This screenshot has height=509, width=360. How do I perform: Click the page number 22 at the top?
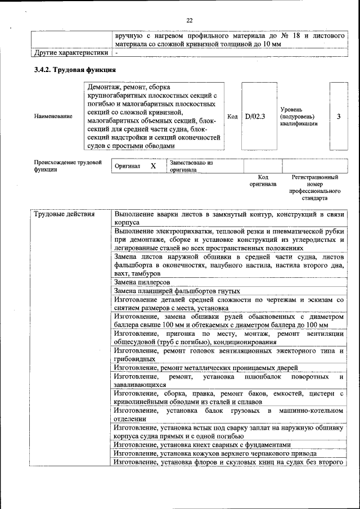tap(190, 21)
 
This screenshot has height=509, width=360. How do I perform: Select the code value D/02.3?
tap(255, 116)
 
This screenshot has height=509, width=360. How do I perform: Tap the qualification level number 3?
tap(339, 116)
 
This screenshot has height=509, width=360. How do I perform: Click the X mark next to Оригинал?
tap(153, 166)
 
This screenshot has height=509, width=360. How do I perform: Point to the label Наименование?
tap(53, 116)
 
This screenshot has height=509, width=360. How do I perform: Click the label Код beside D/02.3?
tap(232, 116)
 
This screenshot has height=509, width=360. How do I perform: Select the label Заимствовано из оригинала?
tap(191, 166)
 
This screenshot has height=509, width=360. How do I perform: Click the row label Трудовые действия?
tap(64, 214)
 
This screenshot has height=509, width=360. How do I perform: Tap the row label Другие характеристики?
tap(70, 53)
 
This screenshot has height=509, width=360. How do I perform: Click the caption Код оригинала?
tap(263, 181)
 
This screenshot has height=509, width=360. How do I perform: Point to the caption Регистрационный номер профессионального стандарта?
tap(315, 187)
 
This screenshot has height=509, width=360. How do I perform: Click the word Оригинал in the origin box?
tap(127, 166)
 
